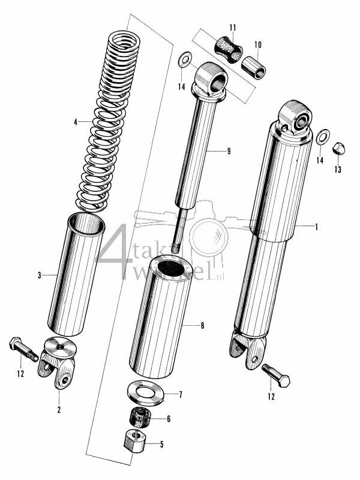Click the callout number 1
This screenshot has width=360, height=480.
(x=316, y=227)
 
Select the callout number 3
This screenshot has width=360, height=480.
(x=39, y=275)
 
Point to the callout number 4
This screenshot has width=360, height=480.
(x=76, y=122)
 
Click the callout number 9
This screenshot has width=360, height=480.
(x=229, y=151)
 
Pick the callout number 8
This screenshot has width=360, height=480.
(x=202, y=326)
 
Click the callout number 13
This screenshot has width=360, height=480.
(x=338, y=170)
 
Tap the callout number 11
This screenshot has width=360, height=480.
(x=233, y=28)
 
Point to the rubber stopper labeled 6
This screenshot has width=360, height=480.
(x=140, y=416)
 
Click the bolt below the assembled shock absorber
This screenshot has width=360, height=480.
(x=277, y=376)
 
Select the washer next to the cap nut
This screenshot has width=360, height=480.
(x=322, y=136)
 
